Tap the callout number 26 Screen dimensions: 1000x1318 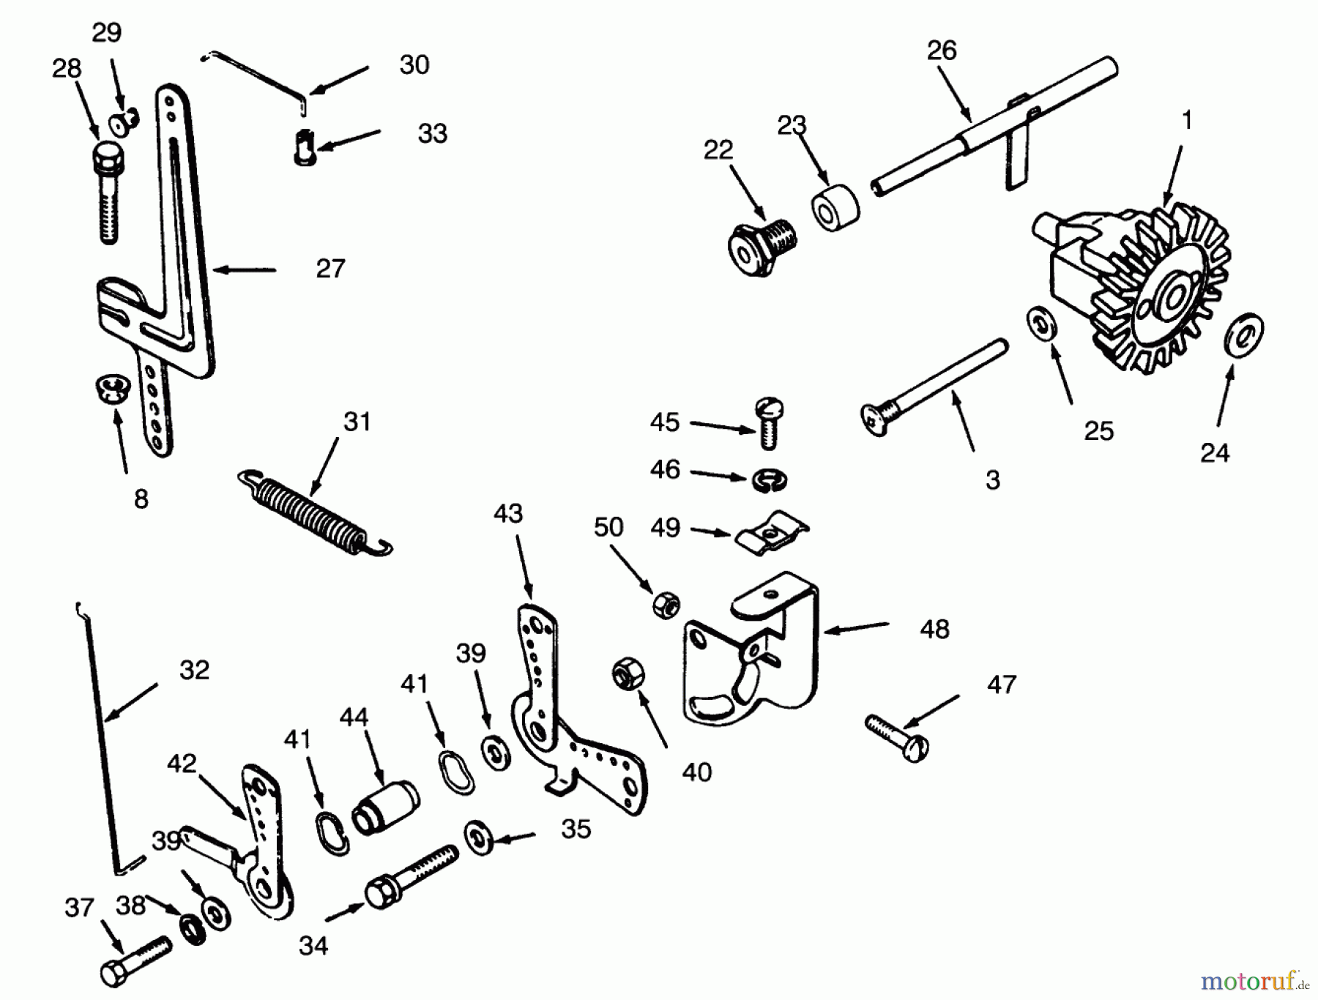(x=942, y=51)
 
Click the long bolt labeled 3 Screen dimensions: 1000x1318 (x=934, y=388)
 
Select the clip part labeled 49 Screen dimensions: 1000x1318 (x=771, y=534)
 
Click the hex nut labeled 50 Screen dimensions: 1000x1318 (x=666, y=605)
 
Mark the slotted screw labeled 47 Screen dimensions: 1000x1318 (x=898, y=737)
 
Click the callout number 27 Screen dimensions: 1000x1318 (x=330, y=269)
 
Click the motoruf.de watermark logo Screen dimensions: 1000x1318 (x=1254, y=980)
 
